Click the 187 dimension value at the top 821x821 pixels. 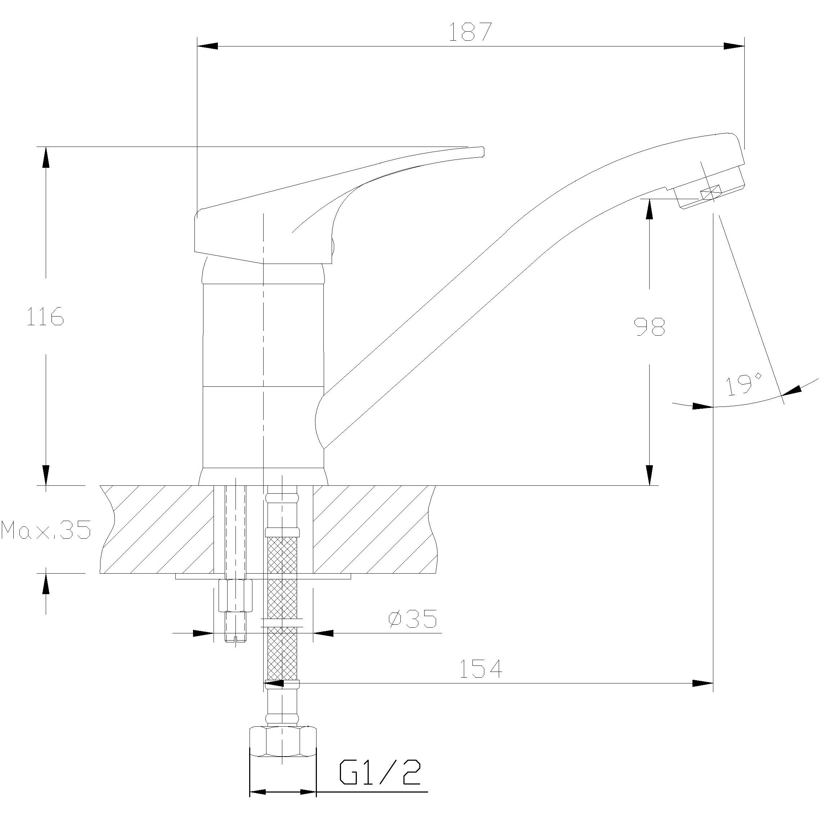[x=470, y=32]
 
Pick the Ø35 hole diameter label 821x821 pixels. [x=413, y=619]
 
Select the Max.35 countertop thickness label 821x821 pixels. [x=46, y=530]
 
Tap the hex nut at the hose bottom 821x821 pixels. [x=283, y=746]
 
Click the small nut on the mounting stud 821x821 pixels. [x=235, y=595]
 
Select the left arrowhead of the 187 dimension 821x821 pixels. [x=208, y=46]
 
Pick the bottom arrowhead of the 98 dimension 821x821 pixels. [x=649, y=475]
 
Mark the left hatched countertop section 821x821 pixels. [x=157, y=529]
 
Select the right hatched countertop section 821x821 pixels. [x=374, y=529]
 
